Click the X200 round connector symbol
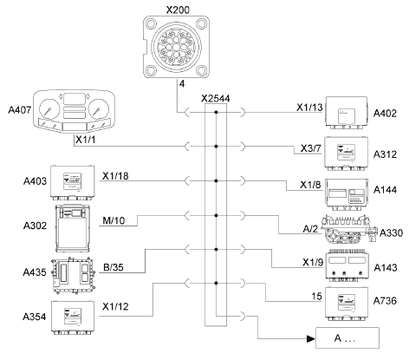click(177, 47)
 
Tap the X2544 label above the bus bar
click(216, 99)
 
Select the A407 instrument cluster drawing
click(74, 112)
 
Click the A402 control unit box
click(347, 113)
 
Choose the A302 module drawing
click(73, 228)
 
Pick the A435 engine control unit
click(74, 274)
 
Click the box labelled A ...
click(347, 337)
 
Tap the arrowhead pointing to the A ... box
click(311, 338)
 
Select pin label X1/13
click(309, 108)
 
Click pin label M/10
click(114, 221)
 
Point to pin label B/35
click(114, 267)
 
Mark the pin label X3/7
click(311, 148)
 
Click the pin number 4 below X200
click(182, 84)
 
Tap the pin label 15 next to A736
click(316, 296)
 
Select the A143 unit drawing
click(347, 265)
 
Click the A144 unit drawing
click(347, 194)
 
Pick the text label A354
click(35, 317)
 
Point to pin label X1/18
click(115, 176)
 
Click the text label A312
click(385, 154)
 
